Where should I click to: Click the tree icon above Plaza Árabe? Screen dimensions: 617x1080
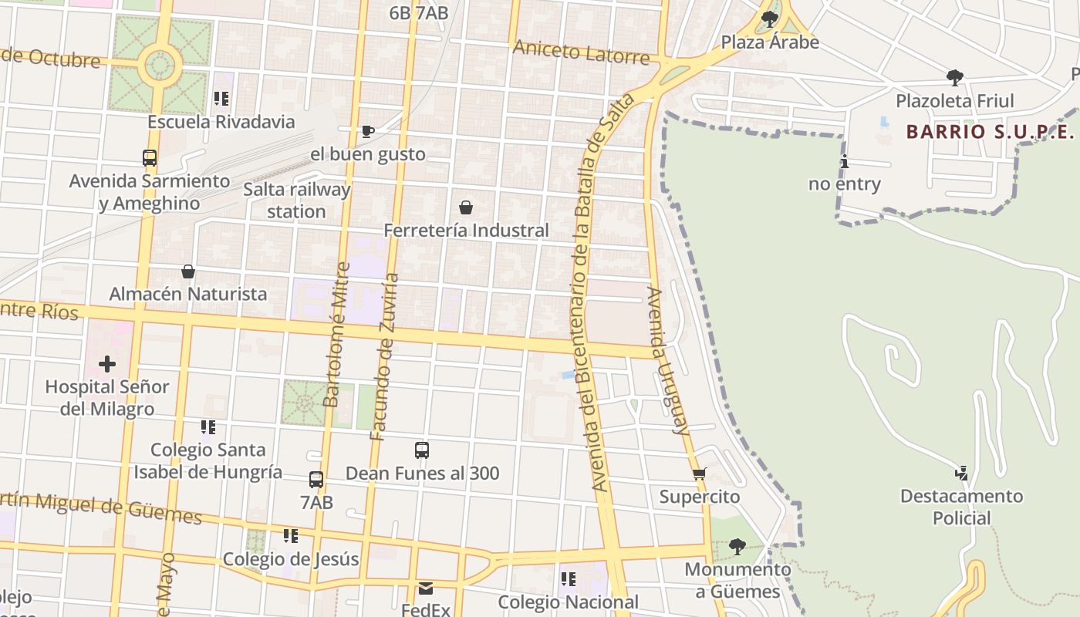(769, 19)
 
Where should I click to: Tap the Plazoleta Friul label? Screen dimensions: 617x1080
(954, 100)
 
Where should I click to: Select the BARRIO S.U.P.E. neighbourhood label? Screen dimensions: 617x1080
(990, 132)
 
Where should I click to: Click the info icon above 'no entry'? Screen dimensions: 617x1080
(845, 162)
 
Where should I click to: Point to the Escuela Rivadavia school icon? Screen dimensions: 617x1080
(221, 99)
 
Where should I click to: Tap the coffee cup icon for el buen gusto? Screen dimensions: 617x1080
(368, 132)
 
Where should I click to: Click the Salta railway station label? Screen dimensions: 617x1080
(297, 201)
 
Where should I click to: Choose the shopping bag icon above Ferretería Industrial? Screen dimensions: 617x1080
(466, 207)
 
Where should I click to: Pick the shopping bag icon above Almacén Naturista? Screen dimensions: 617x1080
(187, 271)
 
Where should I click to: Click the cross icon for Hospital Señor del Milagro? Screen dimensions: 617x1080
(107, 364)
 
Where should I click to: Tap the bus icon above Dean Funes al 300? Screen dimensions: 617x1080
(421, 450)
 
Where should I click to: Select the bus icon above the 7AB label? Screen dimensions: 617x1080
(316, 480)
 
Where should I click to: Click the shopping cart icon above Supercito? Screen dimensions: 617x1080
(699, 474)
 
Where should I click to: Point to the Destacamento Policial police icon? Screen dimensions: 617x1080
(961, 474)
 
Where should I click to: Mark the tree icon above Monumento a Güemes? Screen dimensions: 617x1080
(737, 547)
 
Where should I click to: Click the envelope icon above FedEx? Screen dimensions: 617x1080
(426, 588)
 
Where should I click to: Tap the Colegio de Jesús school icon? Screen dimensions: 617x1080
(290, 536)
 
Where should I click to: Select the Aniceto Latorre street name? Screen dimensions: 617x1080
(582, 53)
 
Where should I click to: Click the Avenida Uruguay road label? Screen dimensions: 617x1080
(668, 361)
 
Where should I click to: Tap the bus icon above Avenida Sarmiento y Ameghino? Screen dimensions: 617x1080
(150, 158)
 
